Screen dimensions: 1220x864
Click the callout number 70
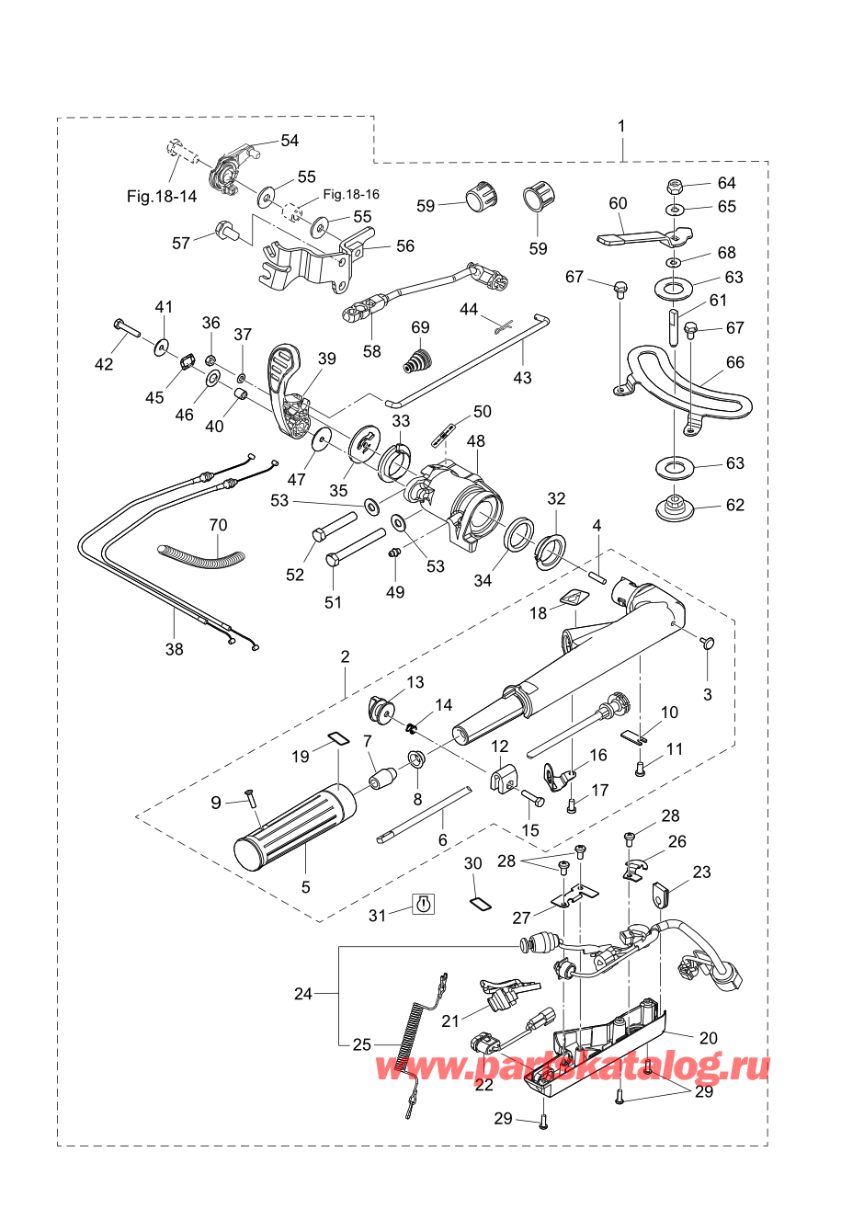coord(218,526)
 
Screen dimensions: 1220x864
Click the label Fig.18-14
coord(162,197)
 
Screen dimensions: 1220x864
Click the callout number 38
coord(174,649)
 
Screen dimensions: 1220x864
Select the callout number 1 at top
coord(622,126)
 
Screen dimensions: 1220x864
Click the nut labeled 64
coord(673,184)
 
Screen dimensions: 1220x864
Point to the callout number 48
coord(475,442)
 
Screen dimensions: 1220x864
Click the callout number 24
coord(303,994)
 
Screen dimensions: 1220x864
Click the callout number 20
coord(708,1038)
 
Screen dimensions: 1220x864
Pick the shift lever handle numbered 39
coord(287,386)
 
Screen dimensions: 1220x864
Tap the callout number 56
coord(405,246)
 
